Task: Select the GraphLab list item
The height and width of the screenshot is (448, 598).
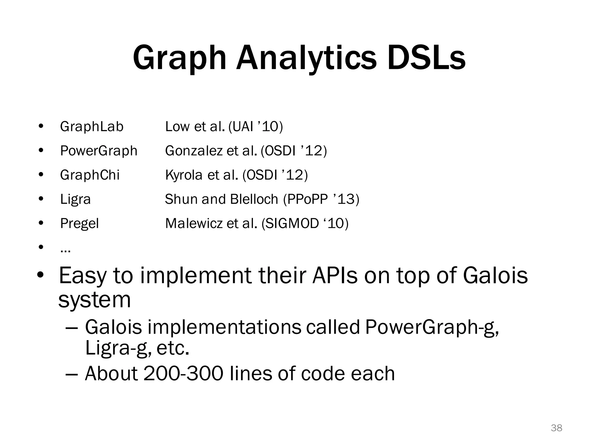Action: click(92, 127)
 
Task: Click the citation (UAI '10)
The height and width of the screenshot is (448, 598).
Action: click(256, 127)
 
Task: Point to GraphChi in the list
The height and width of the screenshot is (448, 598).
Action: click(90, 175)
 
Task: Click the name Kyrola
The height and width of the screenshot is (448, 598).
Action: click(184, 175)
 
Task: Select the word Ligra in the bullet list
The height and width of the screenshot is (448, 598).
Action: click(75, 199)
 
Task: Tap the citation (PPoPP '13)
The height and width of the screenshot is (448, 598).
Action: click(321, 199)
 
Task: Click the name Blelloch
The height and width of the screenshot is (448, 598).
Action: click(254, 199)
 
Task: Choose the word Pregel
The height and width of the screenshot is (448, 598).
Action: click(79, 224)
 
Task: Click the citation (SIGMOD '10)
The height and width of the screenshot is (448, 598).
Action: click(305, 224)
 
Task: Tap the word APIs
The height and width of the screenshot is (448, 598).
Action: click(334, 275)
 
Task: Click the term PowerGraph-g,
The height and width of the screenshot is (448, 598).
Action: click(432, 327)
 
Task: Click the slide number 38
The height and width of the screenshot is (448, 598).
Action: click(556, 428)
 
